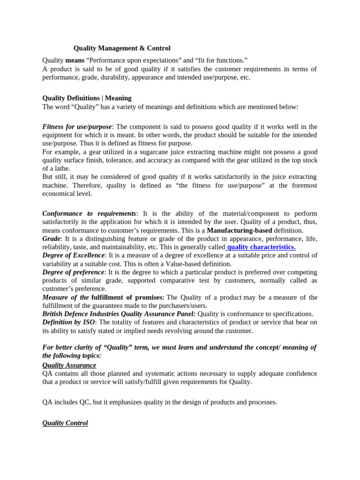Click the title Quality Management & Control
(x=122, y=48)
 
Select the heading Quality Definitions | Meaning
(x=87, y=98)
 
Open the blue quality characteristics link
(x=261, y=247)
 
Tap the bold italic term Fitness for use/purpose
(x=77, y=127)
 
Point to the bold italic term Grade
(x=52, y=239)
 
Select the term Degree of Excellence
(x=74, y=255)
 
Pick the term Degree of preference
(x=73, y=272)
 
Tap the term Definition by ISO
(x=69, y=322)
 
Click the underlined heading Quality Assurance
(x=69, y=365)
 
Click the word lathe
(x=64, y=169)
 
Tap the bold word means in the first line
(x=75, y=60)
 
